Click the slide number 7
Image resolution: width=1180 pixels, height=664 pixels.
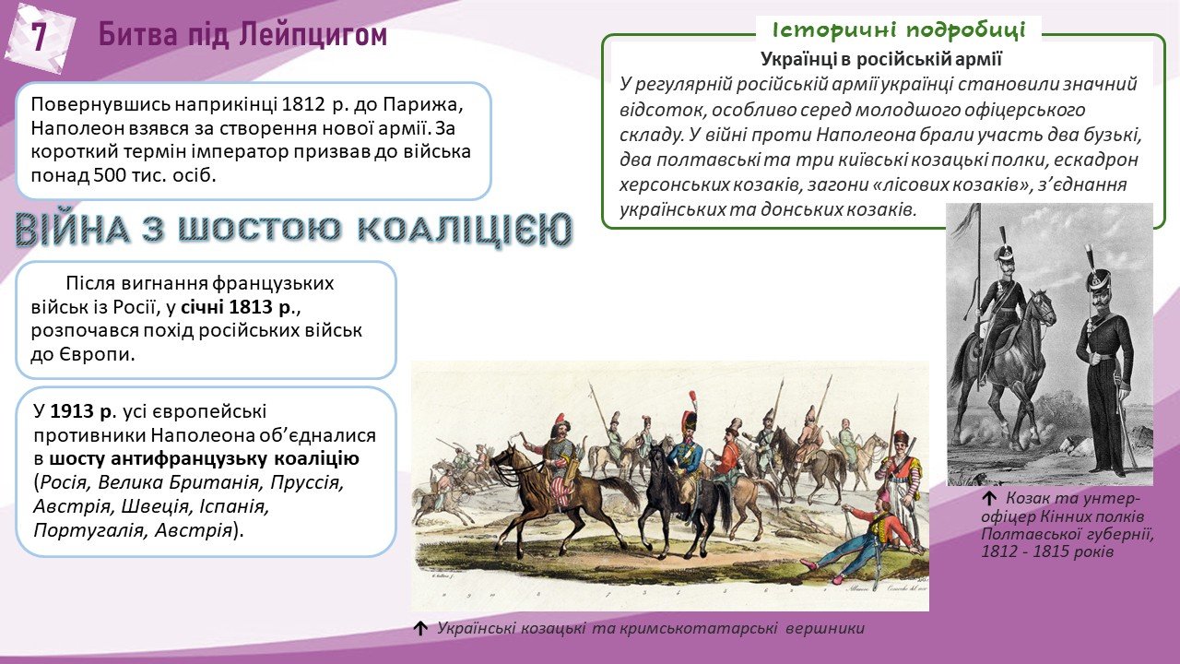39,37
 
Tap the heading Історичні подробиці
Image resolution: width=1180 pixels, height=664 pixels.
899,30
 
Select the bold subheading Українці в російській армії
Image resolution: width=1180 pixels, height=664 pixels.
880,59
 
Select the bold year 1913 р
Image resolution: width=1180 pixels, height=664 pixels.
81,411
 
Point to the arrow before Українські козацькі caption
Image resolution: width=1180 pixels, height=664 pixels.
420,628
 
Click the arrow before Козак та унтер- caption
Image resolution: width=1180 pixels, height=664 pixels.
989,498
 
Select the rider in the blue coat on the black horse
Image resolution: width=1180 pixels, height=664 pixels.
689,452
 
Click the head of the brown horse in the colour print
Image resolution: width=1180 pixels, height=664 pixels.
504,457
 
